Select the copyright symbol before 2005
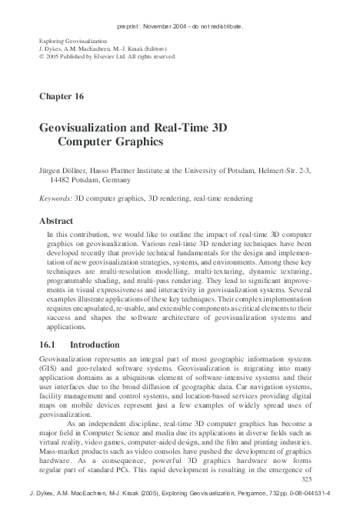tap(41, 57)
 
